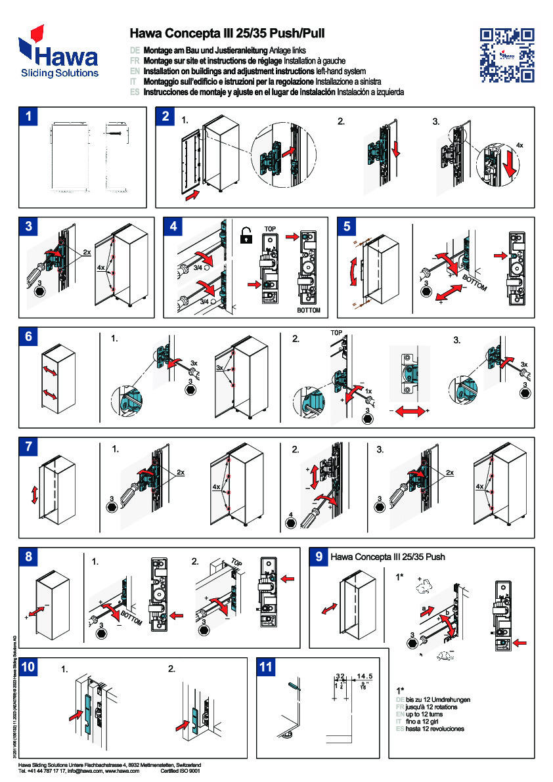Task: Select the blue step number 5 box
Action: [x=347, y=227]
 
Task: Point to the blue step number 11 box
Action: [x=266, y=667]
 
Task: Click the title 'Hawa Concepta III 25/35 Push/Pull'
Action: [x=227, y=33]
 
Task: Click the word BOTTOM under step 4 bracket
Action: [x=307, y=309]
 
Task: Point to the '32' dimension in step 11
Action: [x=340, y=676]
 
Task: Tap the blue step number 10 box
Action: [x=29, y=667]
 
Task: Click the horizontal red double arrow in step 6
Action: [x=408, y=410]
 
